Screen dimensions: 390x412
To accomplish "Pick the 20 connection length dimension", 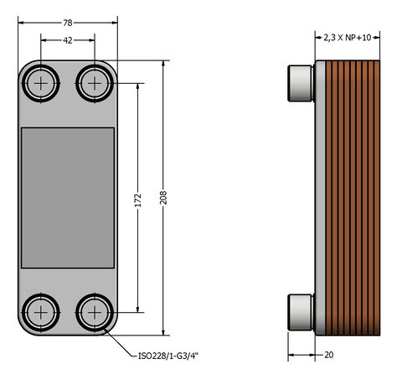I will point(329,355).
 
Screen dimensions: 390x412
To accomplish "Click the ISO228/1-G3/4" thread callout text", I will point(168,356).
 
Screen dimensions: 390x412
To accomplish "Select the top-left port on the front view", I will point(41,82).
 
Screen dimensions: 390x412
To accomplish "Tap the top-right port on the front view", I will point(94,82).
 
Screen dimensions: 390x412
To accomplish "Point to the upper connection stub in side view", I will point(299,82).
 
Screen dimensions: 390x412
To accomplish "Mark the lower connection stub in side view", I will point(299,311).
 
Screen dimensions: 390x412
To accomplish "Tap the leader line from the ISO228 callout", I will point(121,344).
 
